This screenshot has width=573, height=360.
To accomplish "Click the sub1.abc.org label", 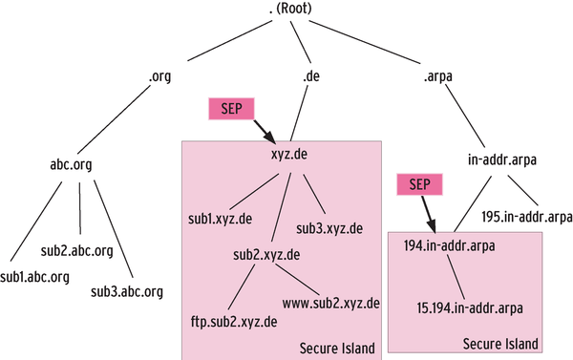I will [35, 277].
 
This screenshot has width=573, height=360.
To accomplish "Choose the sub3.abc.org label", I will [127, 290].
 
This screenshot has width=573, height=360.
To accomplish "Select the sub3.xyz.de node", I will [329, 228].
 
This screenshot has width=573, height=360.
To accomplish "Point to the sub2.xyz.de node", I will [266, 255].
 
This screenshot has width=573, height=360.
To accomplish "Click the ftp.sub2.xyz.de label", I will [235, 321].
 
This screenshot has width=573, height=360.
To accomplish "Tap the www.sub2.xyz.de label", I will [331, 304].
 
